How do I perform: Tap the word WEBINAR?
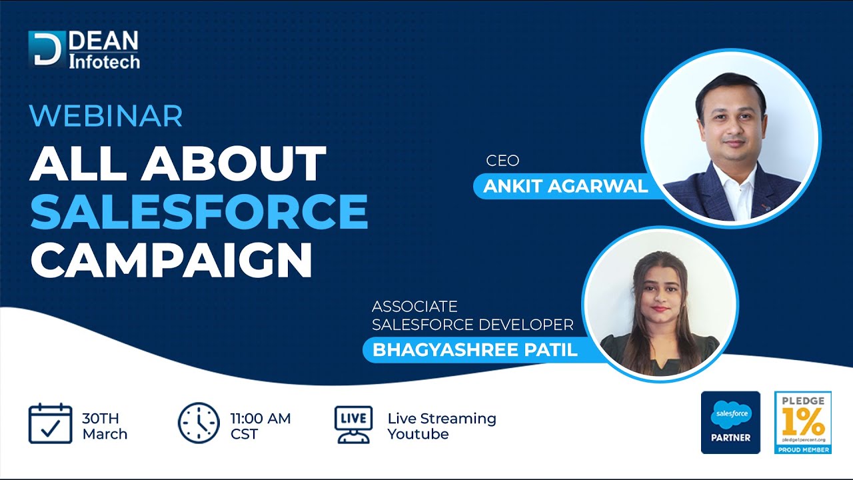coord(106,116)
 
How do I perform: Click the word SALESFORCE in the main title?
coord(199,211)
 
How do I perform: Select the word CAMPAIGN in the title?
coord(171,261)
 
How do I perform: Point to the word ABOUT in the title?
coord(234,163)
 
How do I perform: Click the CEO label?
coord(502,161)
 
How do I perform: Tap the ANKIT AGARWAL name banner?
coord(566,186)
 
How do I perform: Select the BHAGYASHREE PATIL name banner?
coord(475,350)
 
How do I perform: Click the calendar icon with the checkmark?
coord(50,423)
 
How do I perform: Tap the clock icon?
coord(199,423)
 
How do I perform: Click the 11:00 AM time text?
coord(261,418)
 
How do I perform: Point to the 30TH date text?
coord(101,418)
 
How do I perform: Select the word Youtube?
coord(418,434)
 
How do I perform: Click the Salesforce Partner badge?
coord(730,423)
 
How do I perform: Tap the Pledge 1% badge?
coord(803,423)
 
